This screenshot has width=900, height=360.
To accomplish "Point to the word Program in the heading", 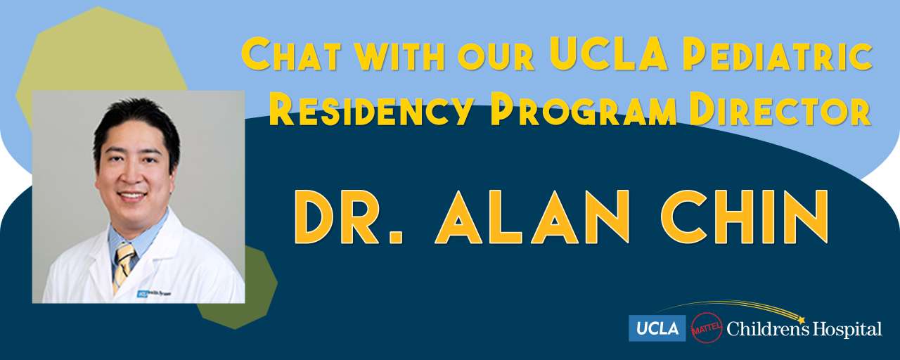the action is (x=584, y=109).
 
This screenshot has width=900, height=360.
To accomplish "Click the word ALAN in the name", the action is (x=532, y=217).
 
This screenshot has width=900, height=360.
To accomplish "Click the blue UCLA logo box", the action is (x=657, y=328).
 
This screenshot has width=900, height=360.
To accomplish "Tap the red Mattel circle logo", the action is (x=707, y=328).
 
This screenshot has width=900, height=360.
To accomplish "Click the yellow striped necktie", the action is (x=123, y=265).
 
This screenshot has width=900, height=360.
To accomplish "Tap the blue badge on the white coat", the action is (x=142, y=294).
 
